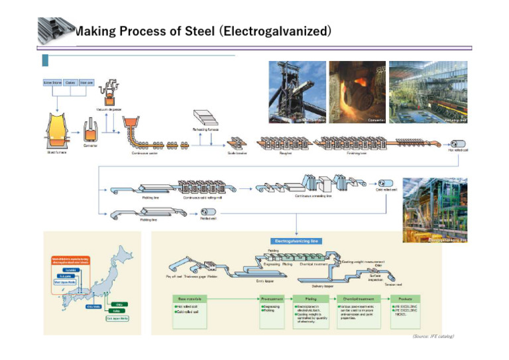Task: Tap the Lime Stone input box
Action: (x=52, y=82)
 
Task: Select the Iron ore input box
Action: (x=87, y=82)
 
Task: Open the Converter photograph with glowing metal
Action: (x=358, y=93)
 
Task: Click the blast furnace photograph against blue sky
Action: (x=297, y=93)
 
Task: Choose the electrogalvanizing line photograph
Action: (x=434, y=210)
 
